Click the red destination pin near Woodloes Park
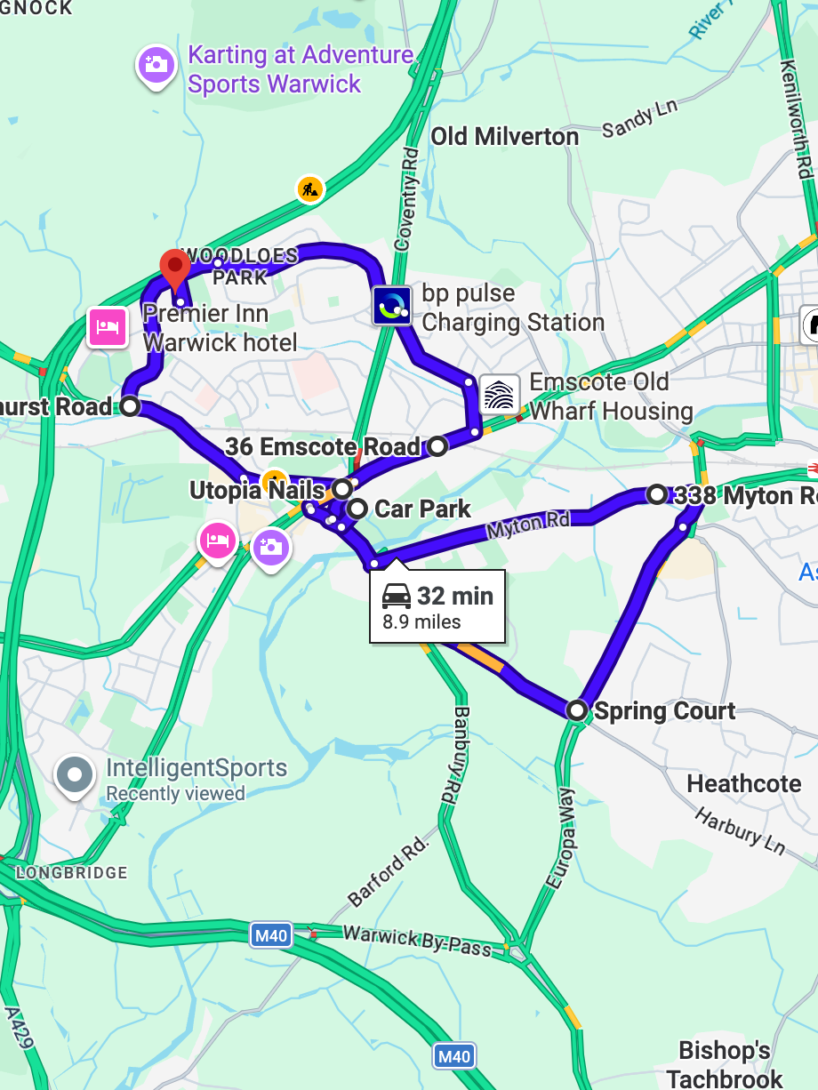(x=174, y=266)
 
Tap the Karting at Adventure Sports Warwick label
(x=300, y=69)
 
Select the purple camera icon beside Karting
(x=156, y=64)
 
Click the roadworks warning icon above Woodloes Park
(x=309, y=188)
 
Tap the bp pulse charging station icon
(x=392, y=306)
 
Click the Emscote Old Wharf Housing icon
(x=500, y=395)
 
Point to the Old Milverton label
(x=504, y=137)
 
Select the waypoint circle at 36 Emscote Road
(x=437, y=446)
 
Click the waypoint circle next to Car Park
(x=357, y=509)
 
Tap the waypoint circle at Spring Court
(x=578, y=710)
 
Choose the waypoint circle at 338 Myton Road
(x=656, y=494)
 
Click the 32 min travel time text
(x=454, y=596)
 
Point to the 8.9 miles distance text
(x=421, y=622)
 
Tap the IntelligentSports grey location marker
(x=75, y=774)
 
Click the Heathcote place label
(x=744, y=784)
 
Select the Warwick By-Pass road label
(x=416, y=941)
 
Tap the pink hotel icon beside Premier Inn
(x=107, y=327)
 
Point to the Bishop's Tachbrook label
(x=725, y=1064)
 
